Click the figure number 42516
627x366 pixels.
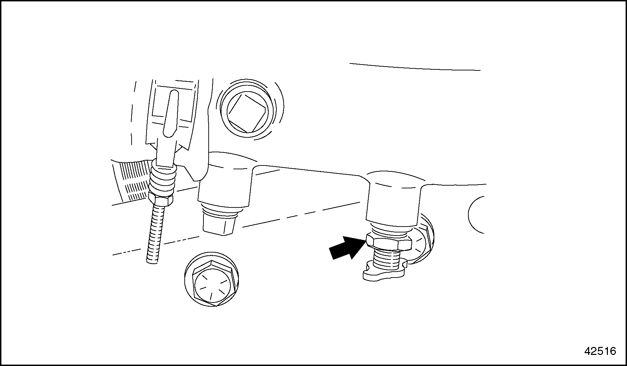600,351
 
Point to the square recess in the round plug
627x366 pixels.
247,111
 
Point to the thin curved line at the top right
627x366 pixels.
415,67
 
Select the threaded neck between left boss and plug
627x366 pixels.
220,210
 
